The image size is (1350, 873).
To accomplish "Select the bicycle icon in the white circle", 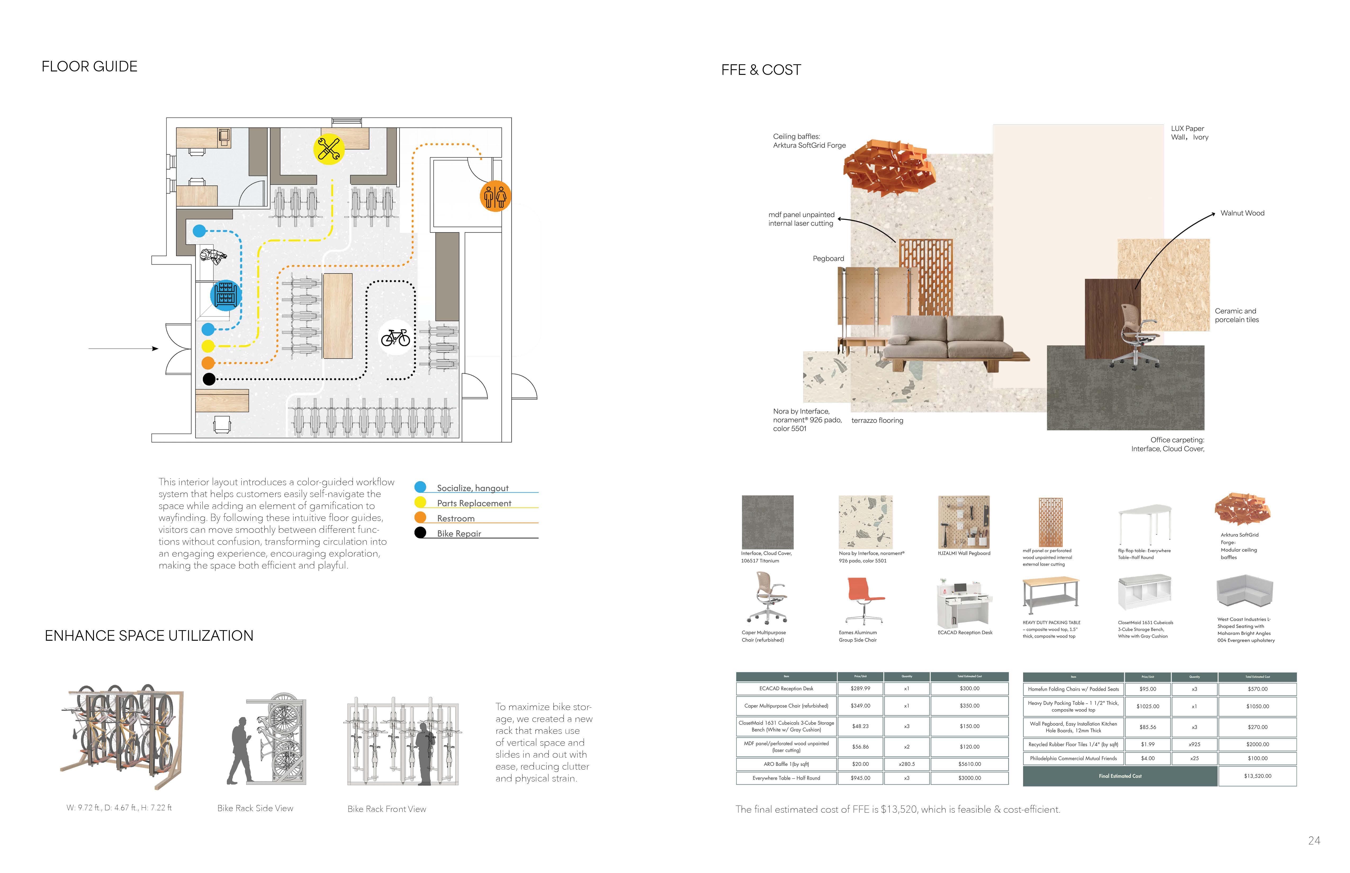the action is click(395, 338).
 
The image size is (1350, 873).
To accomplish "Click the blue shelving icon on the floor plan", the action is click(226, 295).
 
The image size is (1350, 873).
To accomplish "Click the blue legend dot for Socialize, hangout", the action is click(420, 487).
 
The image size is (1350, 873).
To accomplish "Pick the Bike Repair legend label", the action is click(459, 533).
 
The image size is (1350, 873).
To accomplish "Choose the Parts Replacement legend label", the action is click(474, 503).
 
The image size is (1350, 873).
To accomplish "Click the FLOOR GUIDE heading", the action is click(90, 67).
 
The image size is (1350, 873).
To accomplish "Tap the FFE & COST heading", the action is click(761, 70).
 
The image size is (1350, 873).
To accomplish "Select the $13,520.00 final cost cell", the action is click(1257, 776).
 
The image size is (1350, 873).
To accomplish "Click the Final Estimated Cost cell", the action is click(1120, 776).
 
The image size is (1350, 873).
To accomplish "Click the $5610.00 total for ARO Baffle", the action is click(969, 764).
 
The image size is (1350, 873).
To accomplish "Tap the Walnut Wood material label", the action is click(1242, 213).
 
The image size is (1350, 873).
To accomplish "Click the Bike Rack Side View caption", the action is click(255, 808).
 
